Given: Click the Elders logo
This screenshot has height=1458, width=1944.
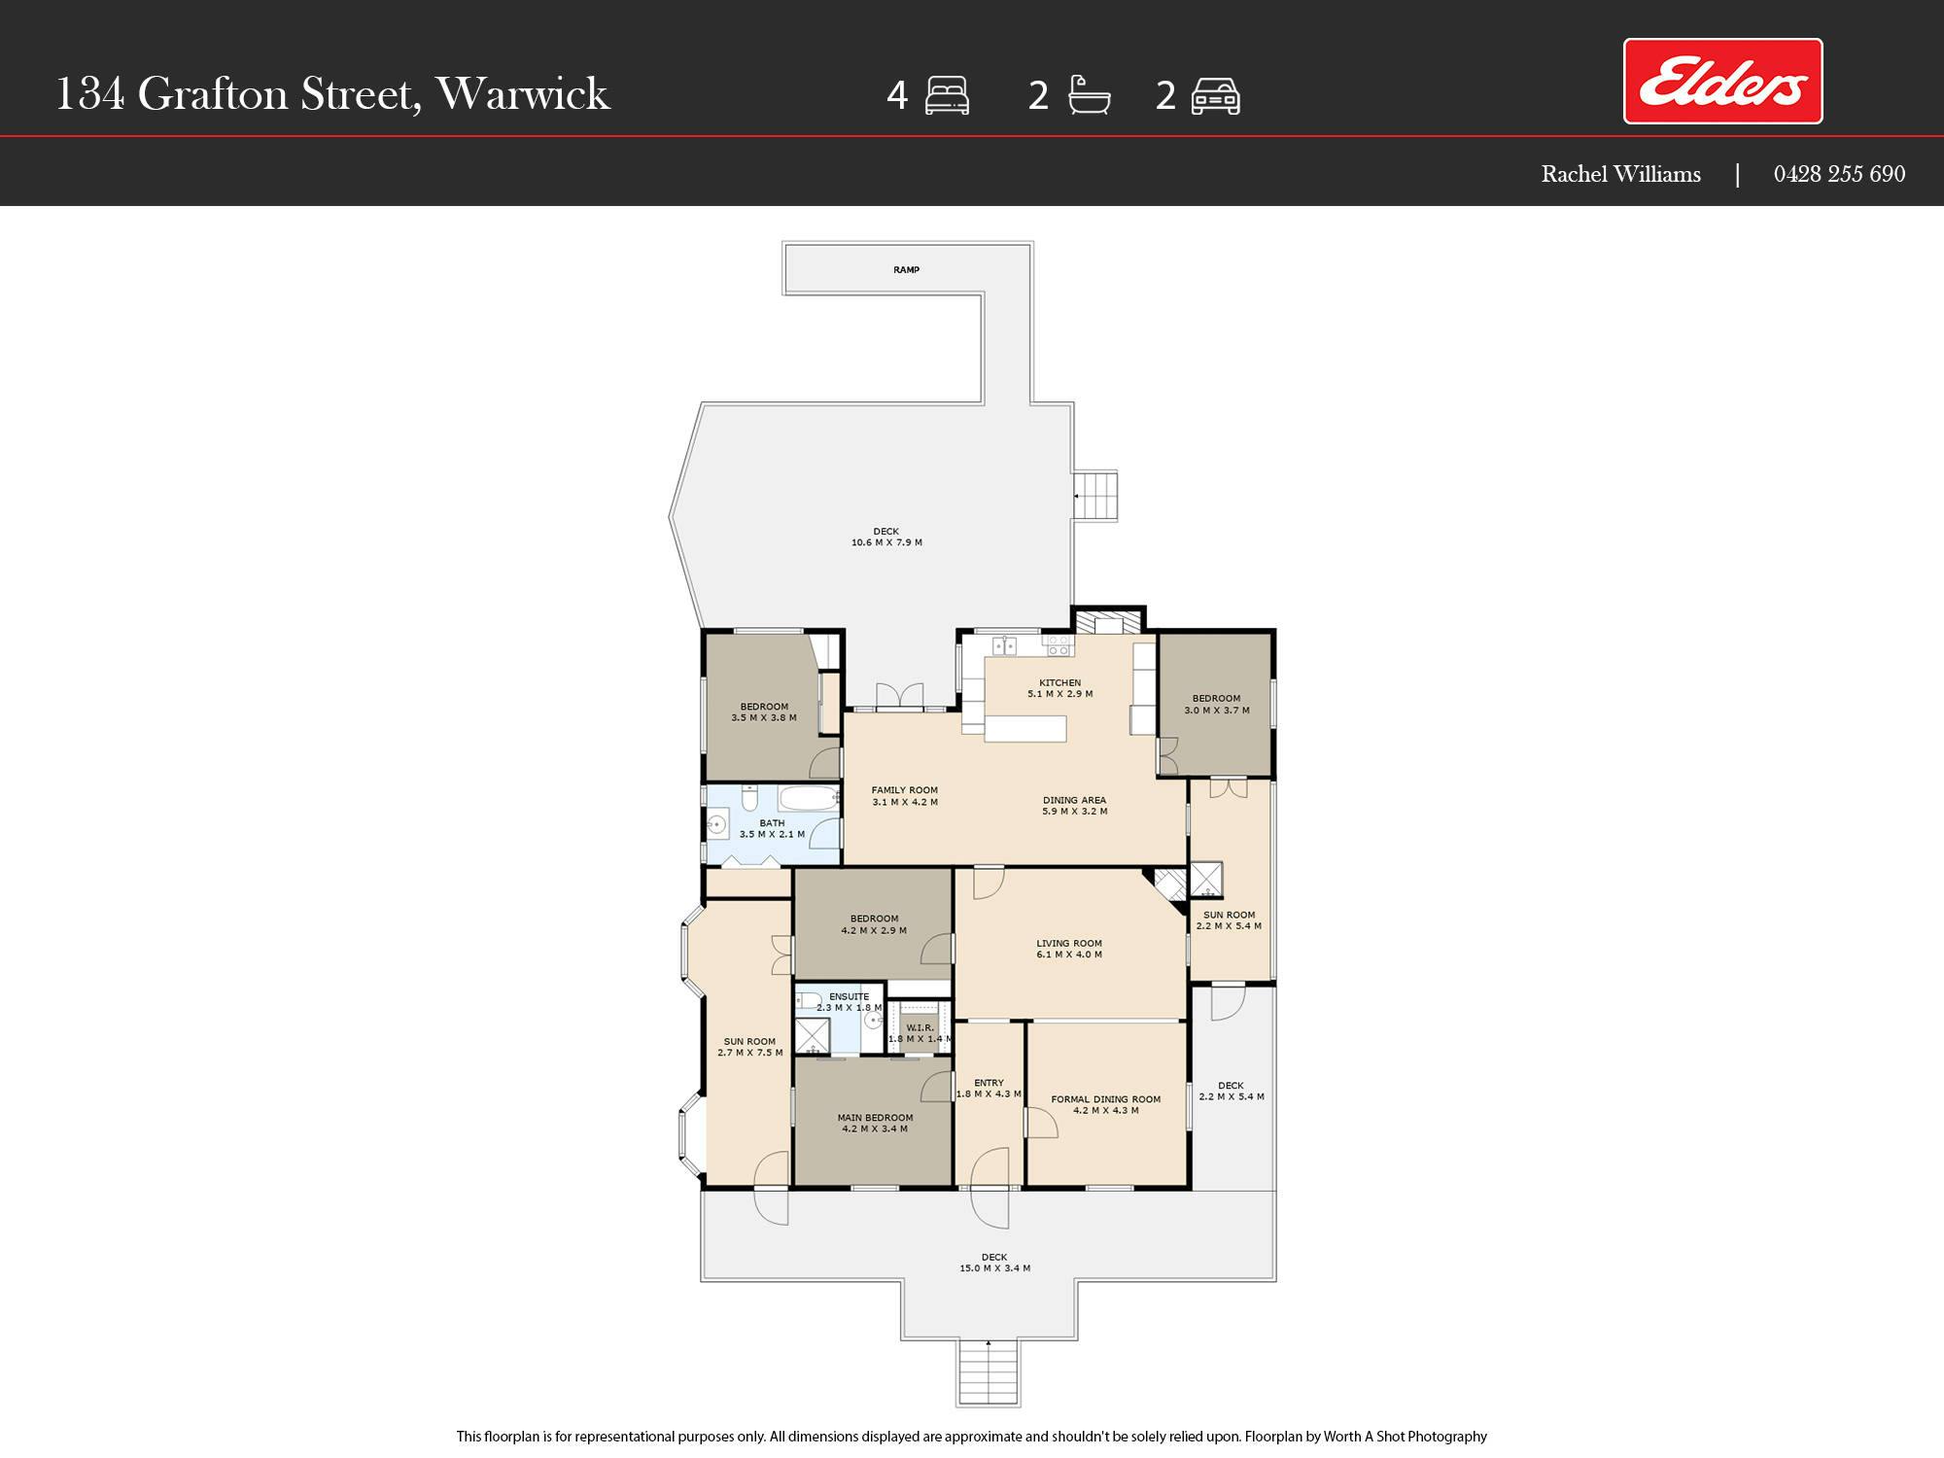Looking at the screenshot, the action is pos(1722,82).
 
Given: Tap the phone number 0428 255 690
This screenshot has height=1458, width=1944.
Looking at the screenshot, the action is pos(1839,174).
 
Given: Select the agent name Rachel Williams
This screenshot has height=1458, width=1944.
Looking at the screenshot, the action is pos(1620,174).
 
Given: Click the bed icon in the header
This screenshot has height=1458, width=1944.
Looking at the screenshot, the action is pos(947,95).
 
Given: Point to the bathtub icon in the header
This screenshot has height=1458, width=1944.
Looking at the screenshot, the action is pos(1089,95).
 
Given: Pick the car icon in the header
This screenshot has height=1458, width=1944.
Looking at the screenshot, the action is pos(1215,96).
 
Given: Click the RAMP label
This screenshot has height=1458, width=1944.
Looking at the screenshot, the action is pos(906,270).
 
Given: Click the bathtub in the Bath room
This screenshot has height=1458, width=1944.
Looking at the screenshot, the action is pos(809,798).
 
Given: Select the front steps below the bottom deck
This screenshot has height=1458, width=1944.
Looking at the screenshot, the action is pos(989,1371).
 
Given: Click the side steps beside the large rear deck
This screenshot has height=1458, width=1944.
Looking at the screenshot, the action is pos(1095,496).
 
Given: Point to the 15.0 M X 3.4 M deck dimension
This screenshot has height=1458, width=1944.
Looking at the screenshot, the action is pos(994,1268).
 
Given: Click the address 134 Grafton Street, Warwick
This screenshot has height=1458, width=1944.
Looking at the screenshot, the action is pos(332,94).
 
